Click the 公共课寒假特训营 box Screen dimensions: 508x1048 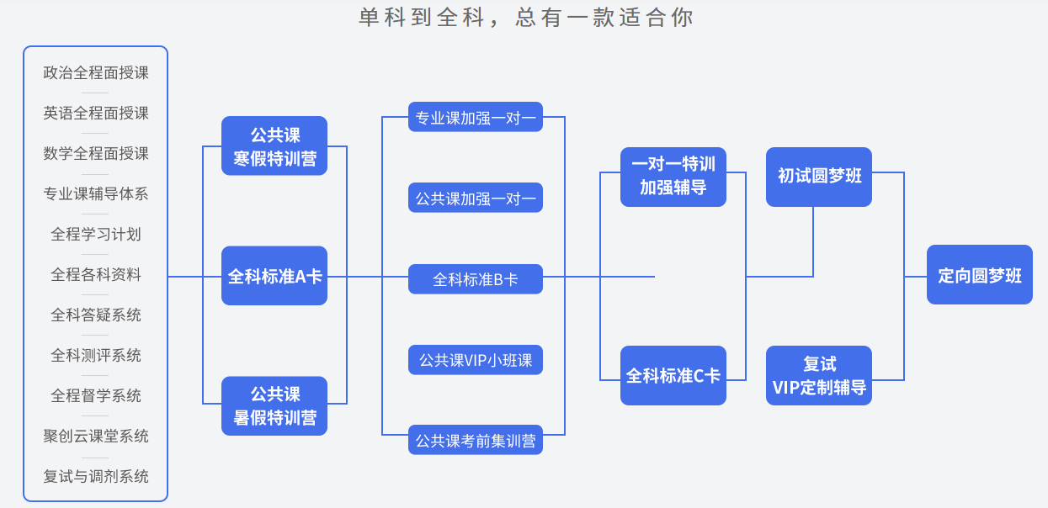[x=274, y=146]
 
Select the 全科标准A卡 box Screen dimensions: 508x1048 [x=274, y=276]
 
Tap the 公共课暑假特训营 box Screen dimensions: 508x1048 [x=274, y=405]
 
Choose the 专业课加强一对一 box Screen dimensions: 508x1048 [x=476, y=118]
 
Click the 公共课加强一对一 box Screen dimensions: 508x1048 [x=476, y=198]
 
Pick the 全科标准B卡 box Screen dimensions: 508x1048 [x=476, y=279]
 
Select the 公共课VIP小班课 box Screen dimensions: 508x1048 [x=476, y=360]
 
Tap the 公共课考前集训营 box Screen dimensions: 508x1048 [x=476, y=441]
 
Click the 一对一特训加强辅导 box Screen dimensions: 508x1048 [x=673, y=177]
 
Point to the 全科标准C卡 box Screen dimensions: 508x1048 [x=673, y=375]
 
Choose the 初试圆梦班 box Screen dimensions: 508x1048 [x=819, y=177]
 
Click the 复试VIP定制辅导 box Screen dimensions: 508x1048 [x=819, y=375]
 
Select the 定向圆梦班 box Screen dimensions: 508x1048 [x=980, y=275]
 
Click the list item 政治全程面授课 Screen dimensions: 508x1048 [x=96, y=73]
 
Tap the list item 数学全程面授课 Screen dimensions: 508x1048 [x=96, y=154]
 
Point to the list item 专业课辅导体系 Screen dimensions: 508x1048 [x=96, y=194]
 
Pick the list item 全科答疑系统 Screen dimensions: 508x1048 [x=96, y=315]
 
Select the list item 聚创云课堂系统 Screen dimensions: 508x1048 [x=96, y=437]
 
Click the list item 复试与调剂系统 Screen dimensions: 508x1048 [x=96, y=477]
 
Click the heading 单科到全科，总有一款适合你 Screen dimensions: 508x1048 [x=526, y=18]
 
